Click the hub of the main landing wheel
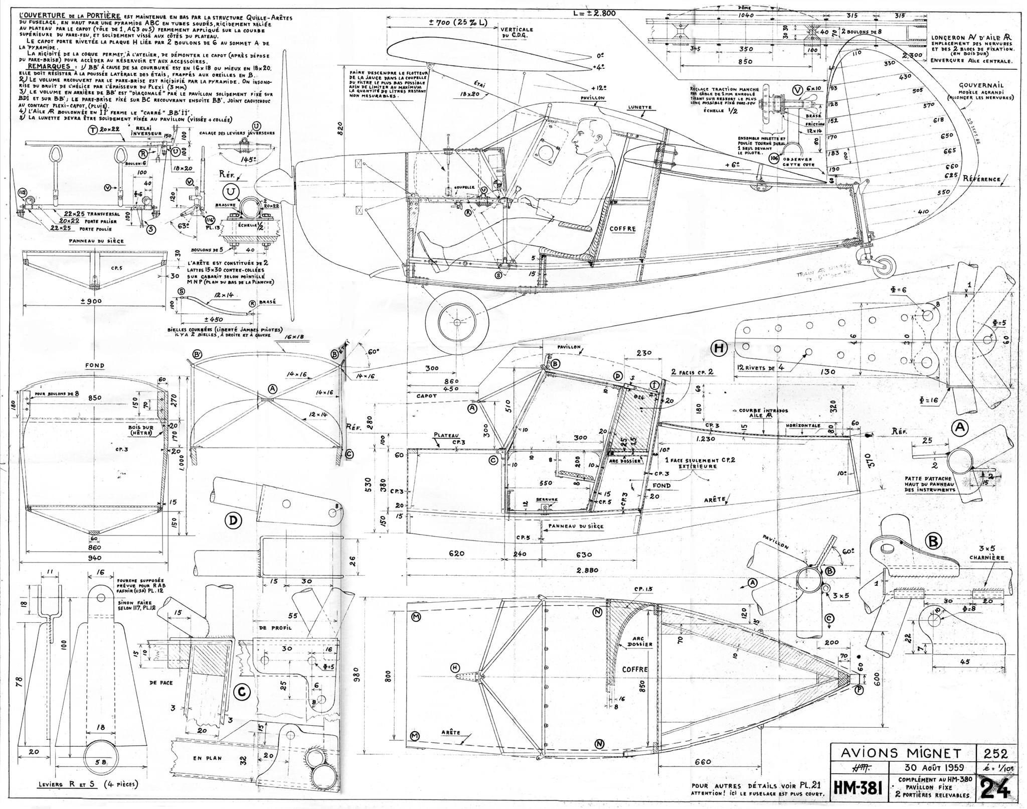[457, 321]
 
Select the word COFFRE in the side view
[623, 229]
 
